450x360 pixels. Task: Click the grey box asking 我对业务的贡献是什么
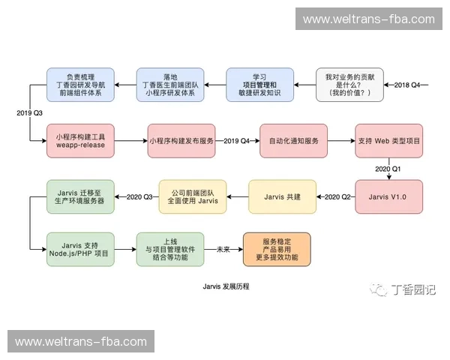tap(349, 85)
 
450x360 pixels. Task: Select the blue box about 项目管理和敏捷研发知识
tap(259, 85)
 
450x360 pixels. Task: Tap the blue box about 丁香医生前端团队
tap(169, 85)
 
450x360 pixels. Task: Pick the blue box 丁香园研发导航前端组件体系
tap(80, 85)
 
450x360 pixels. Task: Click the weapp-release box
tap(80, 140)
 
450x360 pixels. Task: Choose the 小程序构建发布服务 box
tap(180, 140)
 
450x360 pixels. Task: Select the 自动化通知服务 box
tap(293, 140)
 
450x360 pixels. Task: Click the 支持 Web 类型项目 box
tap(388, 140)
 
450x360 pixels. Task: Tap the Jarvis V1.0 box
tap(388, 196)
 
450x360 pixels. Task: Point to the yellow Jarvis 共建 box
tap(283, 196)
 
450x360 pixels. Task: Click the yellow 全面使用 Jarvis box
tap(193, 196)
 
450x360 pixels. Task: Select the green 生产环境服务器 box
tap(80, 196)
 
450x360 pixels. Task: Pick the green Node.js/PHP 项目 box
tap(80, 250)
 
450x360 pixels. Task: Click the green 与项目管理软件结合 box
tap(169, 250)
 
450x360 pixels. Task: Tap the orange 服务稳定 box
tap(276, 250)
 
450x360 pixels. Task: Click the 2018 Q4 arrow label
tap(408, 85)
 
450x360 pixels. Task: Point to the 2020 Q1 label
tap(388, 169)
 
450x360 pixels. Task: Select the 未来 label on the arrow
tap(223, 250)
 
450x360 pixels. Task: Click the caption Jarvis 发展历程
tap(225, 286)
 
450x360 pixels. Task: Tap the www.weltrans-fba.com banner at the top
tap(368, 19)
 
